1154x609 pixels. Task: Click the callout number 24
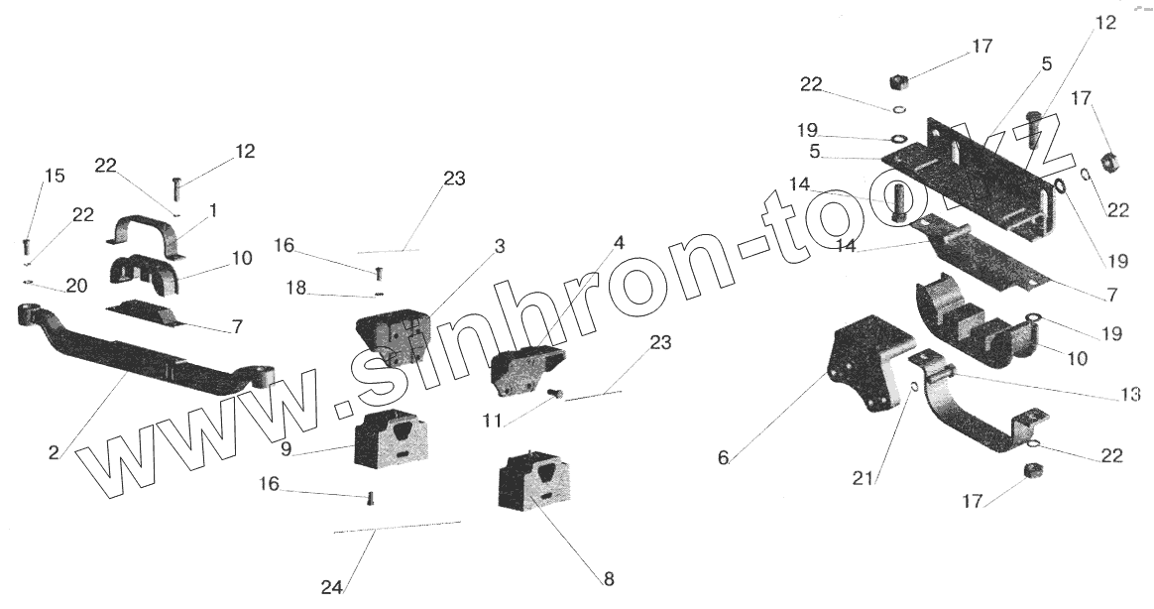point(331,587)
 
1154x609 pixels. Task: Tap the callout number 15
point(55,176)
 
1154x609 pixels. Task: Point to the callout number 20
point(76,286)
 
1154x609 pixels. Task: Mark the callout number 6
point(723,457)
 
